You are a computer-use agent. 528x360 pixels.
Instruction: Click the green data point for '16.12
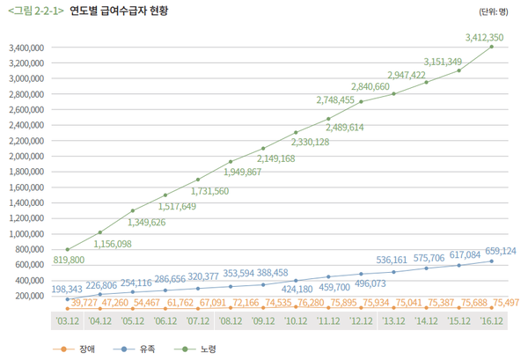pyautogui.click(x=491, y=47)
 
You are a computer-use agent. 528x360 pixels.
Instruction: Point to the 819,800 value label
pyautogui.click(x=69, y=260)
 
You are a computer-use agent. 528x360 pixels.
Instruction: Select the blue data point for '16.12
pyautogui.click(x=491, y=261)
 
